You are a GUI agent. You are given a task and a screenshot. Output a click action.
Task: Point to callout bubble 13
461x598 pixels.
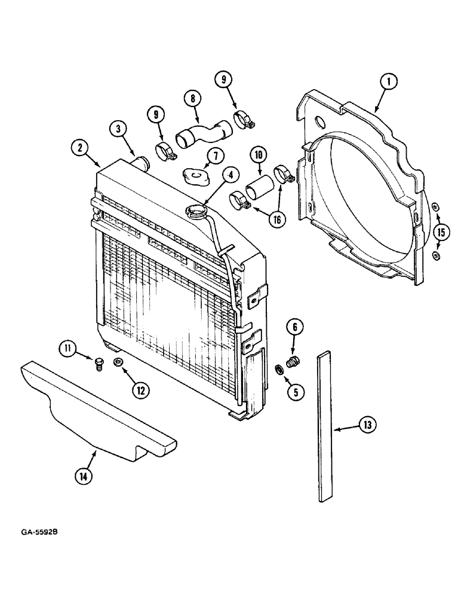(x=367, y=425)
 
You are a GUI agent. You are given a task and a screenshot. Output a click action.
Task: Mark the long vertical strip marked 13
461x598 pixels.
(x=324, y=425)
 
